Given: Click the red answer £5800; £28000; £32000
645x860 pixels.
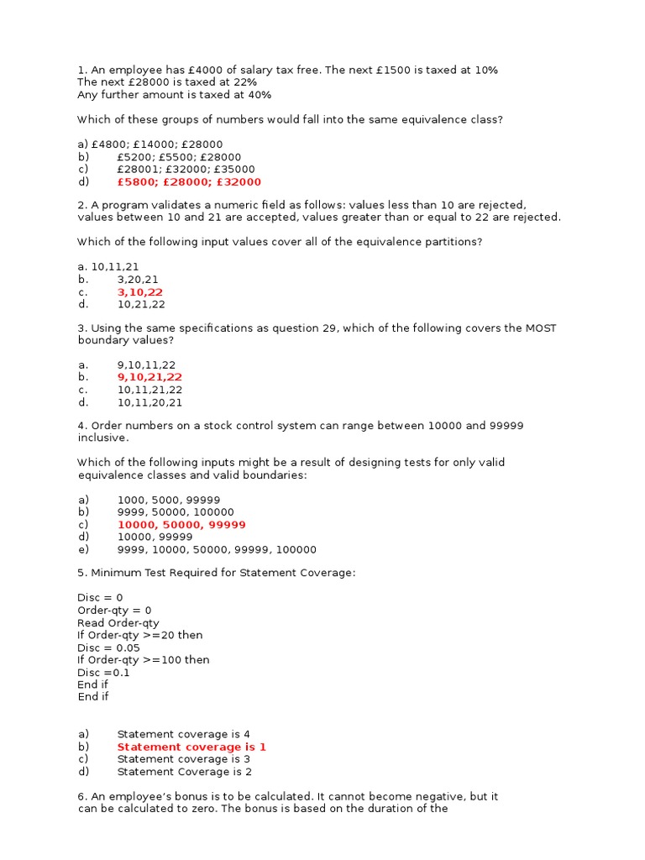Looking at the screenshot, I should (189, 181).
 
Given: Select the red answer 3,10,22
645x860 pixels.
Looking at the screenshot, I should (140, 291).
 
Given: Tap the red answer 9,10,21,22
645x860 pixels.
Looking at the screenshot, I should (149, 377).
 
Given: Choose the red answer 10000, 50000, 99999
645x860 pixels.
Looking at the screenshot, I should (181, 524).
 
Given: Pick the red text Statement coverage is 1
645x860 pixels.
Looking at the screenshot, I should (191, 747).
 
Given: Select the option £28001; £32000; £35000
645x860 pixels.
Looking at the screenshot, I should (186, 169).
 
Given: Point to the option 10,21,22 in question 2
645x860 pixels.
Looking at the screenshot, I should (140, 304).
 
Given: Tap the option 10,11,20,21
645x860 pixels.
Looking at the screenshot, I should (149, 402).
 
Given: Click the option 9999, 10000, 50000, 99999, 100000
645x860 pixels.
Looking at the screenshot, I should (217, 549).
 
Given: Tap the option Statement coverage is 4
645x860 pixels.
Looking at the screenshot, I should (183, 734).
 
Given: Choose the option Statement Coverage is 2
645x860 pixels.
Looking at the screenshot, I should (184, 771).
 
